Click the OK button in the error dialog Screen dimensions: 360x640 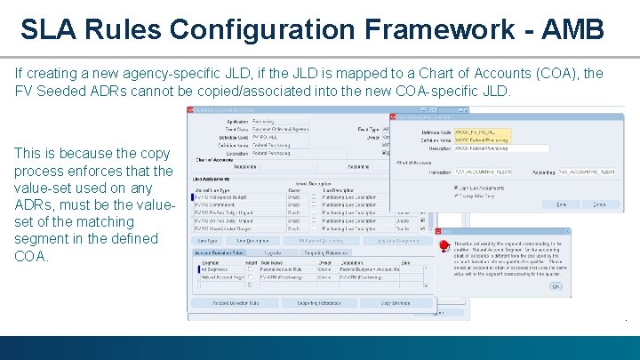556,286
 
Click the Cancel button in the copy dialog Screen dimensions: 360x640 600,204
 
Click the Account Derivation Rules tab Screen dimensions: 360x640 219,253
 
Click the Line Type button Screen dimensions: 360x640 208,241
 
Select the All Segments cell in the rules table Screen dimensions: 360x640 210,268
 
